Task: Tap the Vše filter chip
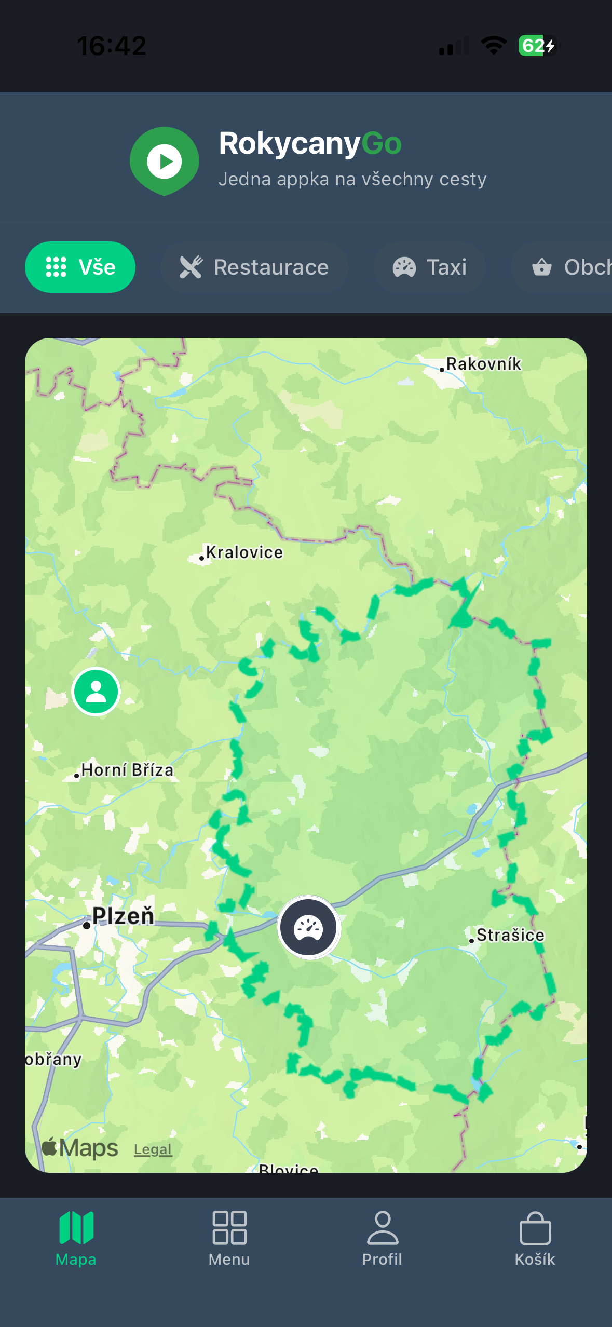(x=80, y=267)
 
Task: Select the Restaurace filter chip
(x=254, y=267)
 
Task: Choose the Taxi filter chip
(x=429, y=267)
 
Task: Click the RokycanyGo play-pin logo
(x=164, y=160)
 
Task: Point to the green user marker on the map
(x=96, y=692)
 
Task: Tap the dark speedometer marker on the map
(x=308, y=927)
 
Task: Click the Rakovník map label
(x=483, y=364)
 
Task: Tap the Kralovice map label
(x=244, y=552)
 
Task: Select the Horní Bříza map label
(x=127, y=770)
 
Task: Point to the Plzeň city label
(x=123, y=916)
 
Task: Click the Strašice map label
(x=510, y=935)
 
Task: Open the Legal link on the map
(x=153, y=1149)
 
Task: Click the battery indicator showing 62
(x=538, y=46)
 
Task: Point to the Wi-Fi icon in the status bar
(x=494, y=46)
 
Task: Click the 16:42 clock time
(x=112, y=46)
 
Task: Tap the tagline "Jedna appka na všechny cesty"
(x=352, y=179)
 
